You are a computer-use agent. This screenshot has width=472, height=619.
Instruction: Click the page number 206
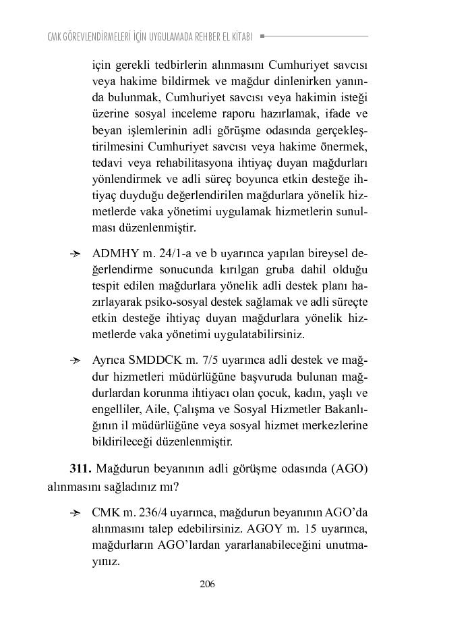click(207, 585)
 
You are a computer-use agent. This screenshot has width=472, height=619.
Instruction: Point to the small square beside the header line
click(262, 36)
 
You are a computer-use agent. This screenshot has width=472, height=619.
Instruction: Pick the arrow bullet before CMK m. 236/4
click(76, 514)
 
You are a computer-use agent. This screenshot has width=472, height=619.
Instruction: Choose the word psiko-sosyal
click(172, 302)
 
